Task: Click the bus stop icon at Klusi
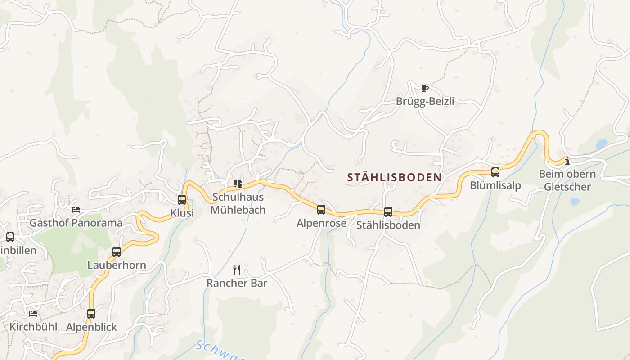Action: click(x=182, y=200)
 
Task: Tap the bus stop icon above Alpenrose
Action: click(x=321, y=210)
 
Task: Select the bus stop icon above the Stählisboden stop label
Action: click(x=388, y=212)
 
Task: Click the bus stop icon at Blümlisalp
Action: click(x=495, y=172)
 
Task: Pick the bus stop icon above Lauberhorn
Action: click(x=117, y=252)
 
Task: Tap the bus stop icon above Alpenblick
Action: click(x=91, y=314)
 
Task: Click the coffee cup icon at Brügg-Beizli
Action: click(x=425, y=88)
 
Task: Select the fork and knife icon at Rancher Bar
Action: click(x=237, y=270)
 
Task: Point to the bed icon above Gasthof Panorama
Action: click(x=76, y=210)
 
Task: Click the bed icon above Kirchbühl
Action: click(x=33, y=313)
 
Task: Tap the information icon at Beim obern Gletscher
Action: click(x=567, y=161)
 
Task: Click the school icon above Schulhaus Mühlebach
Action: click(x=238, y=183)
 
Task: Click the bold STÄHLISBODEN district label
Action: click(x=395, y=178)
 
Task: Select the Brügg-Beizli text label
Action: click(x=425, y=102)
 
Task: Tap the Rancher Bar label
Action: click(x=237, y=283)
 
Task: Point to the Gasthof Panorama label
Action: click(x=76, y=223)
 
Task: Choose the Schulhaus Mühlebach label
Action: click(x=238, y=203)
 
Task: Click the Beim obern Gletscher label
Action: click(x=567, y=180)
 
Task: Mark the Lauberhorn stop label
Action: click(x=117, y=265)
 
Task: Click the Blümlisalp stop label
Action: click(x=495, y=185)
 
